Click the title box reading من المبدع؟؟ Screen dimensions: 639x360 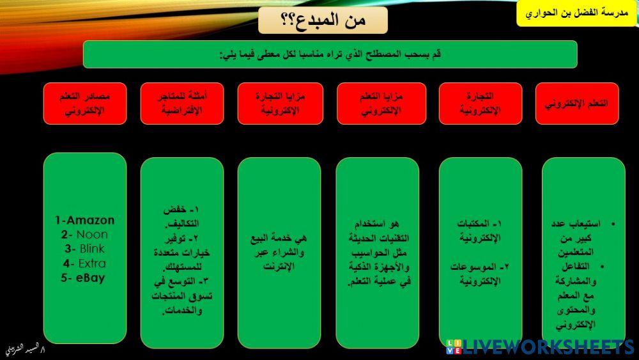coord(323,20)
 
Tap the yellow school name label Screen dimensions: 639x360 coord(576,13)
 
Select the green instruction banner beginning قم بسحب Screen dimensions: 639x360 coord(330,54)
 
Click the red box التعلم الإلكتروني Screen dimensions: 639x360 coord(576,104)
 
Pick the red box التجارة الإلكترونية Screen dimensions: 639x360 coord(481,104)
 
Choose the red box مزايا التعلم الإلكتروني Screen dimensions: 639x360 coord(381,104)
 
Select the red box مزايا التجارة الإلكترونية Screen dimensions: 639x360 coord(281,104)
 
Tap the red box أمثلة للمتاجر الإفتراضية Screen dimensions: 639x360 coord(182,104)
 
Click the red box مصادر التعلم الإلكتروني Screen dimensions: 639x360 coord(85,104)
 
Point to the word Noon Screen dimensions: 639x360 coord(92,235)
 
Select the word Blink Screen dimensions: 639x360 coord(92,249)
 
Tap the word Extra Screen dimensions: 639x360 coord(92,263)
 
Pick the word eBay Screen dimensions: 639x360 coord(91,278)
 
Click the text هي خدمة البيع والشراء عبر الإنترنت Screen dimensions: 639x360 coord(279,252)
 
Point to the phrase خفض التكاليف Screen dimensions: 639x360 coord(181,216)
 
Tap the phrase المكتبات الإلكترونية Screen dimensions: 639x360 coord(480,231)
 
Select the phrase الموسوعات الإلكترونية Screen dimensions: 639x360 coord(480,274)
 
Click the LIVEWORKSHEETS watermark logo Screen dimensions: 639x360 coord(541,347)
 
